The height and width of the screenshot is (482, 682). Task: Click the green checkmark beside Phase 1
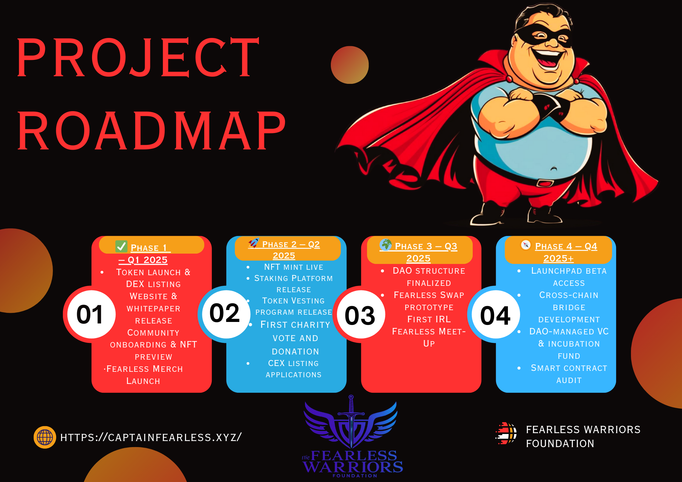coord(122,246)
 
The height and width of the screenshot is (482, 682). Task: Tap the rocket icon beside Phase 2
coord(254,243)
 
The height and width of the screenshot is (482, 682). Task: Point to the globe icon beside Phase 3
coord(386,244)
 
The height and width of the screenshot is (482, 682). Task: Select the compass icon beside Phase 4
coord(526,244)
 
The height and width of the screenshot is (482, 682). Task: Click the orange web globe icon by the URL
coord(45,437)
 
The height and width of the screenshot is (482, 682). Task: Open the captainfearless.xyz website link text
coord(151,437)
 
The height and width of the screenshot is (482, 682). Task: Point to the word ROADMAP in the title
coord(151,131)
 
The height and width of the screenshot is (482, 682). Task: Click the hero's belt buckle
coord(545,183)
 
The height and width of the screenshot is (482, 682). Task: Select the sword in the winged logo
coord(351,421)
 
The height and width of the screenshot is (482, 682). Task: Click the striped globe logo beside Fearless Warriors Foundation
coord(506,433)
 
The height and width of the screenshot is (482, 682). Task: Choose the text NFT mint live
coord(293,267)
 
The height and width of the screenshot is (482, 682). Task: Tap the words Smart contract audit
coord(569,374)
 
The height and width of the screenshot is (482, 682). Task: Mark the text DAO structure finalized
coord(429,277)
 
